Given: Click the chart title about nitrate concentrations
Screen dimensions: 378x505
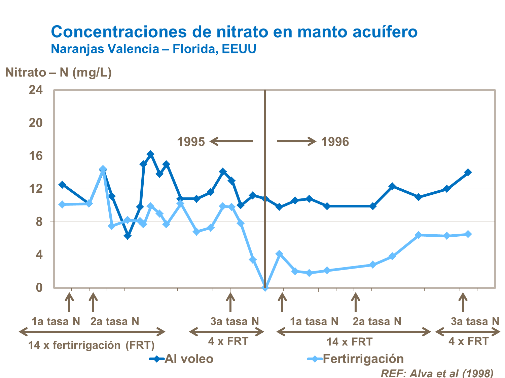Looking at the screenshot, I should (234, 32).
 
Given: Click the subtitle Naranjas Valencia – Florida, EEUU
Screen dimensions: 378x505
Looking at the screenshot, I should (153, 49).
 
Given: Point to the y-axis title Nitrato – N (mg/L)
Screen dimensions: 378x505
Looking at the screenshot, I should (58, 73).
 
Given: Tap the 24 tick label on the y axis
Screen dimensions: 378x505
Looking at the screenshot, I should (36, 90).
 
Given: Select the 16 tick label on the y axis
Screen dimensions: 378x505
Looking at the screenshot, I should (36, 156).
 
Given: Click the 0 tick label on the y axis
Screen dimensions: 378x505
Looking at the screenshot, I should (39, 288).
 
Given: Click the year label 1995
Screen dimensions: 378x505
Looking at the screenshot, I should (191, 142).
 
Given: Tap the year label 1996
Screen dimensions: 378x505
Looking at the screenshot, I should (335, 142).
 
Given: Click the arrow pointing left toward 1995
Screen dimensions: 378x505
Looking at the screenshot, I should (231, 141).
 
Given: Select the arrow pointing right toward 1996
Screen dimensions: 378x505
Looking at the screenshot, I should (296, 141).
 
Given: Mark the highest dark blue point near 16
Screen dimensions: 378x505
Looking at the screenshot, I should (150, 154).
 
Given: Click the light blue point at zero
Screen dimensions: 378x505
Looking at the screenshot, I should (265, 288).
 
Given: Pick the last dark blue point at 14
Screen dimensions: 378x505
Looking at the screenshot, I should (468, 172).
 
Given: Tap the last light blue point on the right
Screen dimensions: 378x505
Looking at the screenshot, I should (468, 234).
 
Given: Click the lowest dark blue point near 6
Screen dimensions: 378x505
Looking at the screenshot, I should (127, 236).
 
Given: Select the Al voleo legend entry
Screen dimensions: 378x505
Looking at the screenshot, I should (182, 359).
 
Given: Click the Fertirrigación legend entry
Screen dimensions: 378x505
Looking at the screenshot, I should (356, 359).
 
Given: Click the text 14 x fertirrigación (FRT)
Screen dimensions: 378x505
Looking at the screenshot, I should (91, 345).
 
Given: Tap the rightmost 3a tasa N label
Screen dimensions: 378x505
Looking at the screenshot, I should (475, 321).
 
